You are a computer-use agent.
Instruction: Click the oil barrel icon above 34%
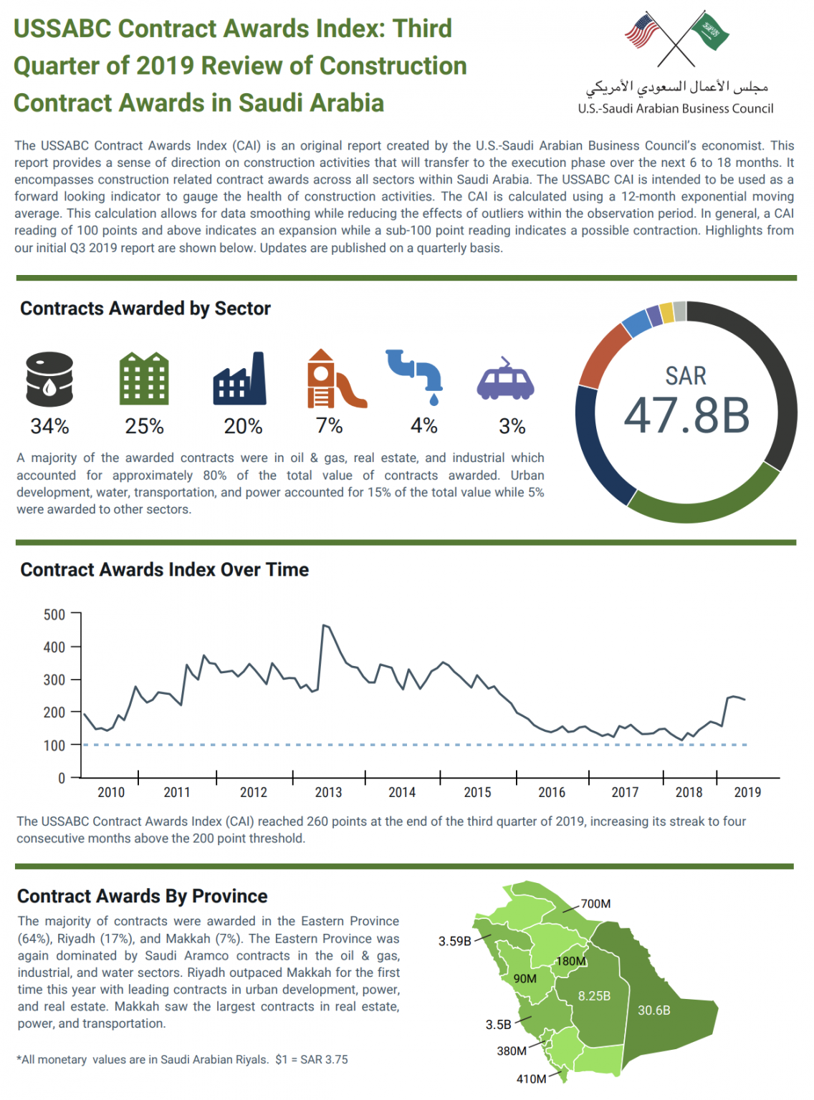pos(49,379)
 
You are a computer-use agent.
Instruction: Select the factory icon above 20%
pos(239,379)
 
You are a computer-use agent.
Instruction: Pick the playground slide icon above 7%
pos(334,379)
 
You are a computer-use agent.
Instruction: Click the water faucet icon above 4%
pos(416,376)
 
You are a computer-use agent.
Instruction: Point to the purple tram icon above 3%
pos(506,380)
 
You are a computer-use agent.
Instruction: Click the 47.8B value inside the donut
pos(686,415)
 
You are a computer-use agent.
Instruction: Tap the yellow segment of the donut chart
pos(666,313)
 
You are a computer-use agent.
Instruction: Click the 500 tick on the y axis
pos(54,614)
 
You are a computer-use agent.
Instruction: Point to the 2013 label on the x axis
pos(328,792)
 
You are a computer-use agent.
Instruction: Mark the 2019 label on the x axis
pos(747,792)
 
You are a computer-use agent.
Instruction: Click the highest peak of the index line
pos(325,626)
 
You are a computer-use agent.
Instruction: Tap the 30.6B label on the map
pos(653,1010)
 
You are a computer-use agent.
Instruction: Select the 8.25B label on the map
pos(594,996)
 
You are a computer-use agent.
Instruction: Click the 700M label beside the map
pos(595,904)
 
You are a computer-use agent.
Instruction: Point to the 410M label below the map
pos(531,1079)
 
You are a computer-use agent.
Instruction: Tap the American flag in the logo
pos(642,31)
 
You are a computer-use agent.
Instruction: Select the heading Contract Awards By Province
pos(142,896)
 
